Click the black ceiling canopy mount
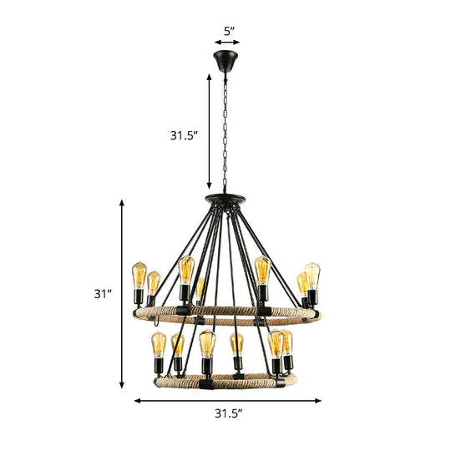pos(225,61)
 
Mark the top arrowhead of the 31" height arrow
pos(124,203)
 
